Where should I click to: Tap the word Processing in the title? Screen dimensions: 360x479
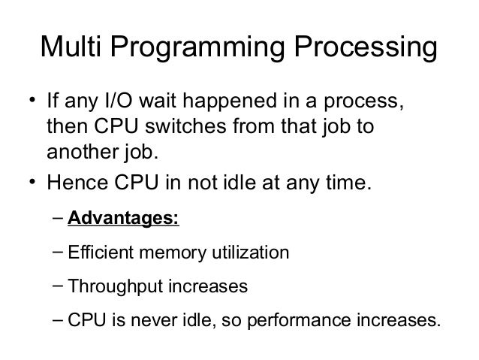tap(366, 51)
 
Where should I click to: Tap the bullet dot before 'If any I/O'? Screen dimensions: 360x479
tap(33, 101)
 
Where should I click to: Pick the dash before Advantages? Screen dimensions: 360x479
tap(59, 219)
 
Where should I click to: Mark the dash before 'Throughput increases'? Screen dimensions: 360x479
tap(59, 286)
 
